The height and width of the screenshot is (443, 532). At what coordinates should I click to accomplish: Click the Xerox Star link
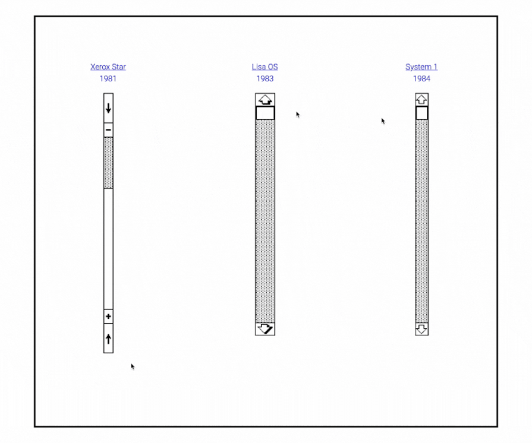108,67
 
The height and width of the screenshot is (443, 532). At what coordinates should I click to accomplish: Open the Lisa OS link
265,67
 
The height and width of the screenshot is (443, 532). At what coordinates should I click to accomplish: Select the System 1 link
421,67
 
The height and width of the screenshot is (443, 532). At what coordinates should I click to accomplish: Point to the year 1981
108,78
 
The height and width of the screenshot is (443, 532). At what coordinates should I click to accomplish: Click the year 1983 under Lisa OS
265,78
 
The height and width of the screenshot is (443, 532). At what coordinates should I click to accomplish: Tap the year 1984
421,78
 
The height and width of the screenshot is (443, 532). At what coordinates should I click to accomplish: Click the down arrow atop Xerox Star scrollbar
108,108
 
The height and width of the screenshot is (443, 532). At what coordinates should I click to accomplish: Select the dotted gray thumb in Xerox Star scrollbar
108,163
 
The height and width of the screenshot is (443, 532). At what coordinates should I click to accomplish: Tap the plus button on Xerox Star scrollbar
108,317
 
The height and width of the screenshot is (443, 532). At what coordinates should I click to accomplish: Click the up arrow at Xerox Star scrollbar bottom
108,339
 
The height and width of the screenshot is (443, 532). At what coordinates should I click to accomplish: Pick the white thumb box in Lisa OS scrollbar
265,113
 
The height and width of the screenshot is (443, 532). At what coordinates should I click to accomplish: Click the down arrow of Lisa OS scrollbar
265,328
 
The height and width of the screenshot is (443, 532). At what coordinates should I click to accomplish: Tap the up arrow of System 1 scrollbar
421,99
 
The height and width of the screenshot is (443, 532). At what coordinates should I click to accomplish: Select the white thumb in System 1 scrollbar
421,113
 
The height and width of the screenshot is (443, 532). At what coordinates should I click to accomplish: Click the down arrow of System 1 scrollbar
421,328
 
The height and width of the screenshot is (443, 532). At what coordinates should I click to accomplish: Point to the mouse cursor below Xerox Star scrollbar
133,366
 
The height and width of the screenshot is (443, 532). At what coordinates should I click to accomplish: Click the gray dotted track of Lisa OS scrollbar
265,220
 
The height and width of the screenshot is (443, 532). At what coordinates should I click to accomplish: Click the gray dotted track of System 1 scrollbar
421,220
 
